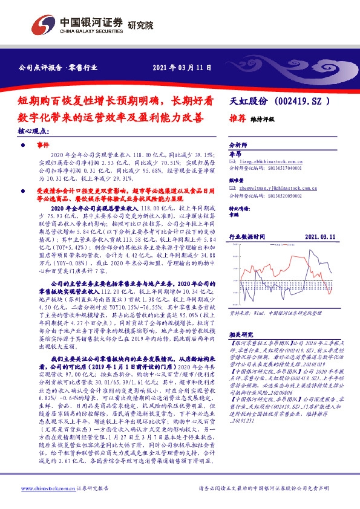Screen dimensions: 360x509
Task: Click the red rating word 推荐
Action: coord(237,119)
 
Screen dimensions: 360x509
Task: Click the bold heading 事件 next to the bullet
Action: coord(42,146)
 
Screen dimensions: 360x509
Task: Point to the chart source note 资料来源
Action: coord(240,314)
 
